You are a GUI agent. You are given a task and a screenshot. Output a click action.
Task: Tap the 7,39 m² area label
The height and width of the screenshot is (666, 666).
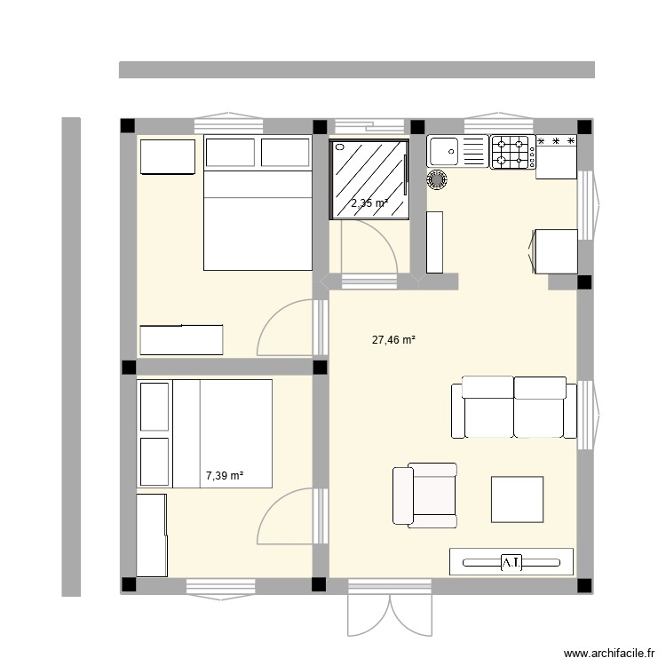(225, 477)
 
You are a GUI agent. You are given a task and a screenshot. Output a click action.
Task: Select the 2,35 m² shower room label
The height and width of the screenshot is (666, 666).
(369, 203)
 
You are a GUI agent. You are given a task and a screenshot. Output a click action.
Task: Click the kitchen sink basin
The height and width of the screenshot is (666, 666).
(443, 152)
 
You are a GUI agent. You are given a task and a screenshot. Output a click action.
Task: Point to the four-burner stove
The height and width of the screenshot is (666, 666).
(512, 152)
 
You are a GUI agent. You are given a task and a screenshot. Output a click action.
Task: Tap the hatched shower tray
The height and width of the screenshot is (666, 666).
(369, 180)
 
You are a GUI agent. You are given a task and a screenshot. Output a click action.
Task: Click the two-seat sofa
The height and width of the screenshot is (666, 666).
(512, 407)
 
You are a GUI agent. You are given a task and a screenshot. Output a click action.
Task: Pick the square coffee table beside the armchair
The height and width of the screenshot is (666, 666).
(518, 500)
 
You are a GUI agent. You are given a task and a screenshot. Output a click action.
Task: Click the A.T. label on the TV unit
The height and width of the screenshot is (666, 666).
(511, 562)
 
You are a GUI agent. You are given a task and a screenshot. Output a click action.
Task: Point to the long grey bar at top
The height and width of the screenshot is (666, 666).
(356, 69)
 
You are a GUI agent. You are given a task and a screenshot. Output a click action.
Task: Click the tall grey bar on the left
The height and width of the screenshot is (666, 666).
(71, 356)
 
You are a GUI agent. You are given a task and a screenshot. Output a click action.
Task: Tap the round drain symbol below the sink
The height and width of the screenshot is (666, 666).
(437, 178)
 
